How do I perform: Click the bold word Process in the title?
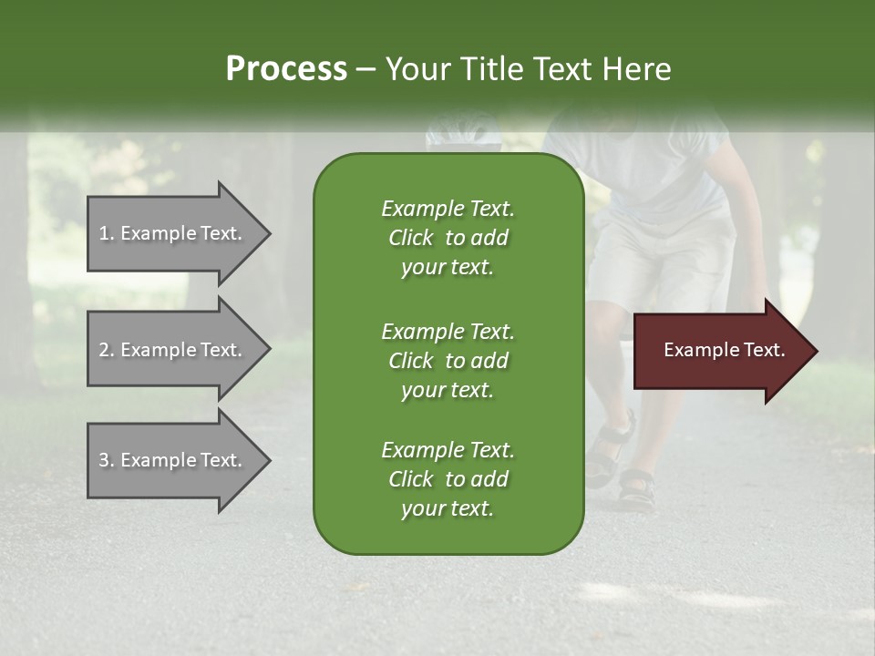point(286,69)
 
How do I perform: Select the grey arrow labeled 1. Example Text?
point(173,233)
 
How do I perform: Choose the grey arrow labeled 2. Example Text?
point(173,350)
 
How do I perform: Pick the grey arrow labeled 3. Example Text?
point(173,460)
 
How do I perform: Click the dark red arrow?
point(720,351)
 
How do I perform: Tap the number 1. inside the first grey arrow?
point(107,233)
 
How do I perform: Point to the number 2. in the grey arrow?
point(107,350)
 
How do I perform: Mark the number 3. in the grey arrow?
point(107,460)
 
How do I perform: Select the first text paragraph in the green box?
point(448,238)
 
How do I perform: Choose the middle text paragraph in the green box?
point(448,361)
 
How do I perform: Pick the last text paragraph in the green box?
point(448,479)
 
